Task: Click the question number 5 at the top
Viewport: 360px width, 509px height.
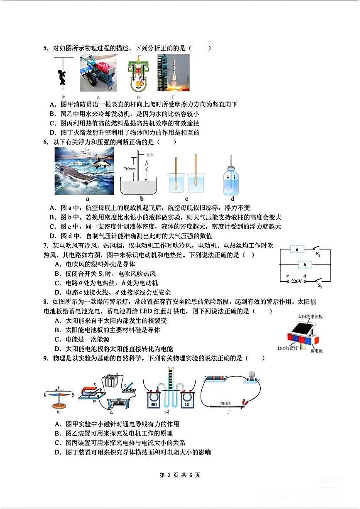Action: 46,48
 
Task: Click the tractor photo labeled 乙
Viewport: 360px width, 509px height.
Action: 98,73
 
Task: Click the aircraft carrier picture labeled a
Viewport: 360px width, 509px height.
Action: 84,171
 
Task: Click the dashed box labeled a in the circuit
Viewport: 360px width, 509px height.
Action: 297,249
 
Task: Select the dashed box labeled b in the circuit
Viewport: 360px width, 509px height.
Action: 305,264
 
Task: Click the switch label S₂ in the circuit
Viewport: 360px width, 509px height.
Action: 318,254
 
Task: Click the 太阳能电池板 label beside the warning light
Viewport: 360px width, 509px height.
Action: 310,317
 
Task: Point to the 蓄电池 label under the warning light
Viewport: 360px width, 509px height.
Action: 316,351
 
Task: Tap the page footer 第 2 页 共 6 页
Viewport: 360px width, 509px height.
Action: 180,475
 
